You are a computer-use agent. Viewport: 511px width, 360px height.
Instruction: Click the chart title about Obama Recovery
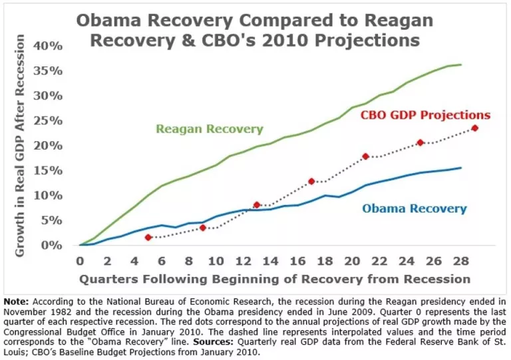pyautogui.click(x=248, y=29)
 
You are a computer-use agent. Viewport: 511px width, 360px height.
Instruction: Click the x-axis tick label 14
pyautogui.click(x=270, y=260)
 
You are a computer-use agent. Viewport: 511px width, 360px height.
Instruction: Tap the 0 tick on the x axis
pyautogui.click(x=80, y=260)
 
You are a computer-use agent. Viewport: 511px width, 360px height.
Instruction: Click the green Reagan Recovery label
pyautogui.click(x=210, y=129)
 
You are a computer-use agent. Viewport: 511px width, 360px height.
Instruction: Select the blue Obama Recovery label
pyautogui.click(x=415, y=208)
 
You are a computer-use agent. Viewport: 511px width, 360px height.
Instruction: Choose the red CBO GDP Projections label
pyautogui.click(x=425, y=114)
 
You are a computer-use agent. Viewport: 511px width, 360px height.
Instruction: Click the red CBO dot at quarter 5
pyautogui.click(x=148, y=238)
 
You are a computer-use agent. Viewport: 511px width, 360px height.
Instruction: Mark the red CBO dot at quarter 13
pyautogui.click(x=257, y=205)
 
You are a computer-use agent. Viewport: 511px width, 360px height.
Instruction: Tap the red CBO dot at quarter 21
pyautogui.click(x=366, y=156)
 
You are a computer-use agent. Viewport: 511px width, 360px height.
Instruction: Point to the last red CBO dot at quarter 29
pyautogui.click(x=475, y=128)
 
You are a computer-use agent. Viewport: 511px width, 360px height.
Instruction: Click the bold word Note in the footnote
pyautogui.click(x=17, y=299)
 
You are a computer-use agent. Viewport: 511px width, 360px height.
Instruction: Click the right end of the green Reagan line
pyautogui.click(x=462, y=65)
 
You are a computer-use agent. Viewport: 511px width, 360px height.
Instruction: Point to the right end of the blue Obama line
pyautogui.click(x=462, y=168)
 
